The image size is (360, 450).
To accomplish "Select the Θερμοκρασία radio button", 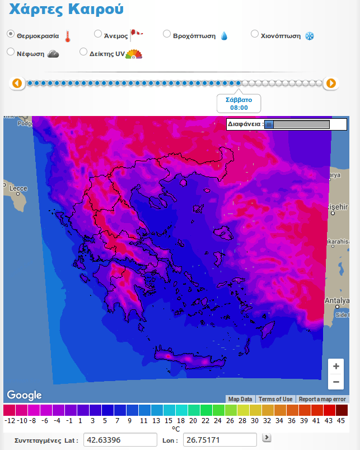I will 10,34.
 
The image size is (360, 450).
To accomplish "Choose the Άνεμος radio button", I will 98,34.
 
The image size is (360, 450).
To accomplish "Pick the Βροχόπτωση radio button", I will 167,34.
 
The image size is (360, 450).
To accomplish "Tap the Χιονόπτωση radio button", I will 255,34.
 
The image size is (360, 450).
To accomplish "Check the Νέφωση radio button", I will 10,52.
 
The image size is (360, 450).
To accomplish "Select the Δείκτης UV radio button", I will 83,52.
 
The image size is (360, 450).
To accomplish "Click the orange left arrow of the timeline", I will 17,83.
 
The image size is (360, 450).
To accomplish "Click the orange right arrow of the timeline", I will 331,83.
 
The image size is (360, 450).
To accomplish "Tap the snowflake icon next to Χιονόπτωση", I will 309,36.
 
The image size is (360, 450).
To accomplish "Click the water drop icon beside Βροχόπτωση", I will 224,36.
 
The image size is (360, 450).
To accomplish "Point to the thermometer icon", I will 68,37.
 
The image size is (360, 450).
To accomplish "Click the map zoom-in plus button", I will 336,367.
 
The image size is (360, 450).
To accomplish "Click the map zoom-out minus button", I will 336,382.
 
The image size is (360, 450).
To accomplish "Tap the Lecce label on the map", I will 18,188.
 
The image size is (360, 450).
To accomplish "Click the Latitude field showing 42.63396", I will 120,440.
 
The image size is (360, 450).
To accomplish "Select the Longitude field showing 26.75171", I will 219,440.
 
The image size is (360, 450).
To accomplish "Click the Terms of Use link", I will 275,399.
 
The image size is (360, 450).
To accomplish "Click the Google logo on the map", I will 24,395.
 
